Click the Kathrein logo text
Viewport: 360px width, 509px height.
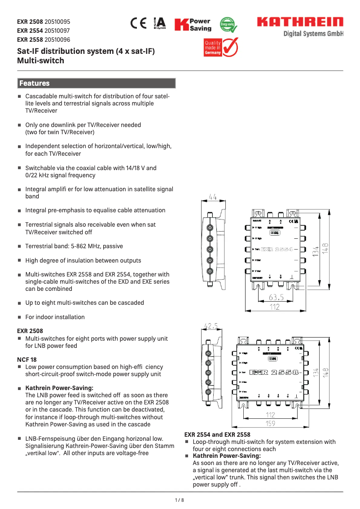point(299,22)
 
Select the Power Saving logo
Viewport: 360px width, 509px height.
point(193,25)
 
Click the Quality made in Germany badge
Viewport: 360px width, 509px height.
point(220,46)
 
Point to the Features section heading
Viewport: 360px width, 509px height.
point(35,83)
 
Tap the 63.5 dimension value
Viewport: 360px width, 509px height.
point(276,297)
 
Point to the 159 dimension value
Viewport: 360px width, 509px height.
point(270,423)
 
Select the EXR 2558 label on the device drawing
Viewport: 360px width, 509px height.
point(274,372)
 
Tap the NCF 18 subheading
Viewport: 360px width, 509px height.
point(27,360)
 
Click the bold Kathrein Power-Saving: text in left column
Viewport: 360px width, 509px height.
point(59,388)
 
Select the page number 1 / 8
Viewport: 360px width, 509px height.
point(180,500)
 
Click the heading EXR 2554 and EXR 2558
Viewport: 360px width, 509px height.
point(217,434)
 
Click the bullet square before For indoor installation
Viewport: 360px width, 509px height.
point(19,317)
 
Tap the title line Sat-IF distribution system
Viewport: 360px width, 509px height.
point(85,51)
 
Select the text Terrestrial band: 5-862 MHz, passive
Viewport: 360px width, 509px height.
point(74,246)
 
